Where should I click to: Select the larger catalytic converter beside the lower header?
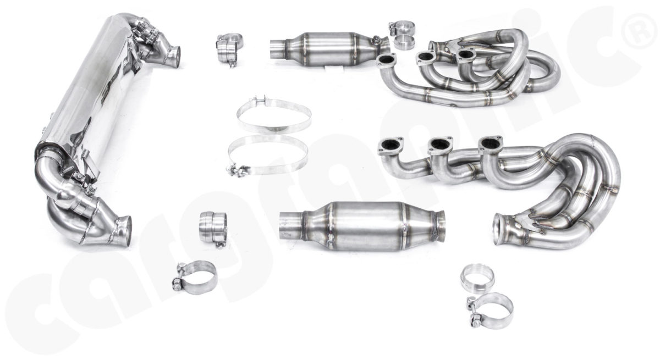pos(362,226)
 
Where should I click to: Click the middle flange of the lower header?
pos(440,145)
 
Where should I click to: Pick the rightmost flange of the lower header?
pos(490,143)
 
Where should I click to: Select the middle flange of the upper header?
pos(426,57)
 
